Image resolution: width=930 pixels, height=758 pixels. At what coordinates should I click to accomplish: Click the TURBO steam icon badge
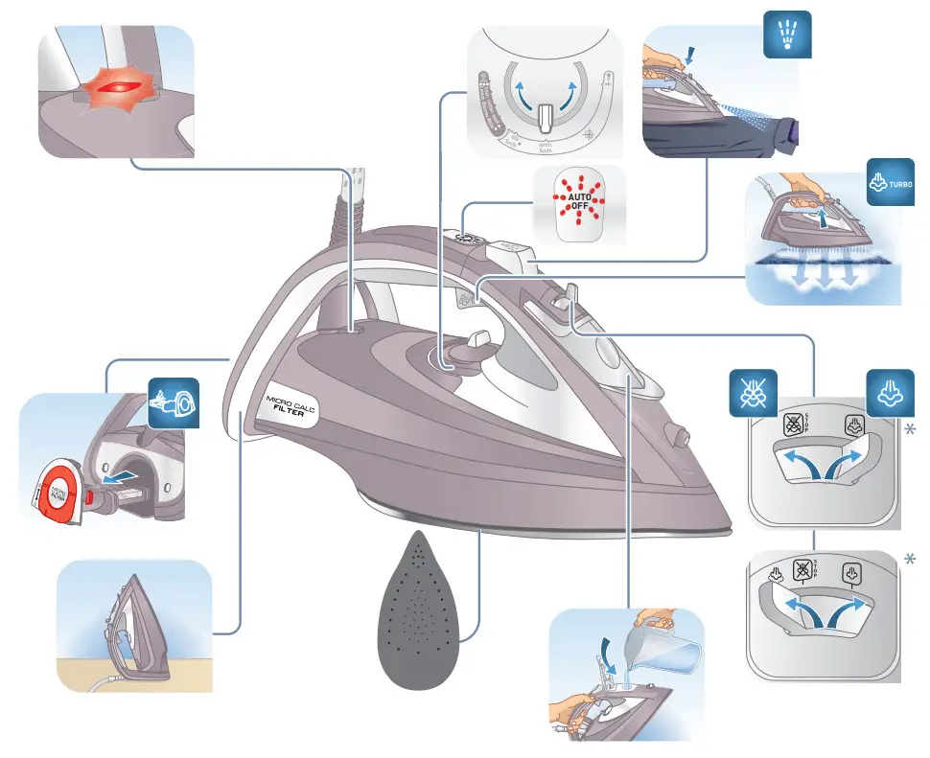[x=889, y=180]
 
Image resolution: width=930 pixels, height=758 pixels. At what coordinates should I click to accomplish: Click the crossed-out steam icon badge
[x=754, y=391]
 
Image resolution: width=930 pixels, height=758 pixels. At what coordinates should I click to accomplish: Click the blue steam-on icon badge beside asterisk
[x=888, y=391]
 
